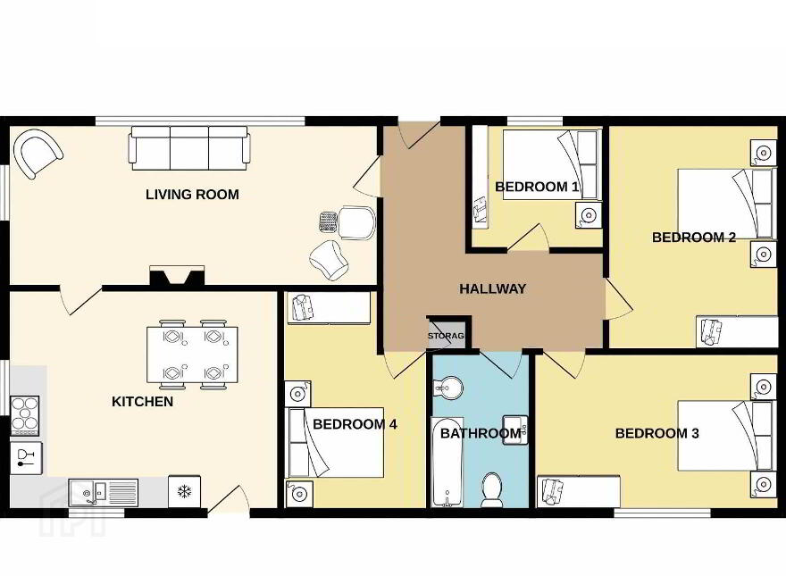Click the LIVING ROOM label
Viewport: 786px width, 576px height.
(x=192, y=195)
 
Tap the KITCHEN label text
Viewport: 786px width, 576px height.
(x=142, y=402)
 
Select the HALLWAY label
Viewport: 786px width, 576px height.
(x=493, y=288)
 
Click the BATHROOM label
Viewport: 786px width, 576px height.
(x=481, y=434)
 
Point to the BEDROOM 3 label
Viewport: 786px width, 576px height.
(x=656, y=434)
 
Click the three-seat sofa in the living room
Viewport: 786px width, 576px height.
(x=189, y=148)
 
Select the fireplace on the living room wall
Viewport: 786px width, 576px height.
(x=177, y=276)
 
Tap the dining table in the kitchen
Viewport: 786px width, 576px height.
(x=192, y=355)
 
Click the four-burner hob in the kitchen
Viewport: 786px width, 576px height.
(x=25, y=415)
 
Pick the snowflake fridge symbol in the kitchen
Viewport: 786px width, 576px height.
(x=185, y=491)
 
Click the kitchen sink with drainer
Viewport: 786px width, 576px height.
(x=104, y=493)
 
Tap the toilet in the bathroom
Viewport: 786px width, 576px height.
(x=491, y=489)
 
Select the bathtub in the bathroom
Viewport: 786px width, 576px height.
(x=447, y=462)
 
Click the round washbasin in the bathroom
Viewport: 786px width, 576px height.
(x=448, y=388)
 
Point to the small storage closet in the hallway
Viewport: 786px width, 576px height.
(x=448, y=334)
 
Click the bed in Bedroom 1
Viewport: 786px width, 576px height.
(x=550, y=165)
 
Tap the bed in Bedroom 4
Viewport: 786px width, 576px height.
(x=336, y=442)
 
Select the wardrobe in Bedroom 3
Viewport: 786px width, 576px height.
(x=579, y=491)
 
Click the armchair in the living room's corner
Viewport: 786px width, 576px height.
(x=38, y=153)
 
